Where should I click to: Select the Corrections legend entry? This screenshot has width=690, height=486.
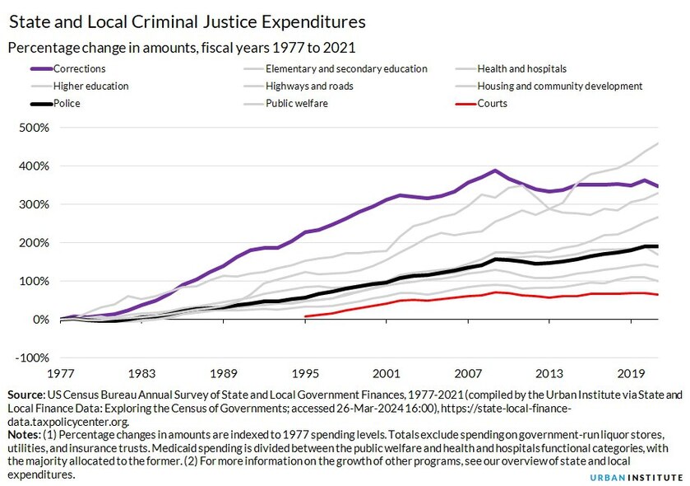79,69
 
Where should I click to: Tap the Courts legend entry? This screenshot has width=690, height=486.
492,104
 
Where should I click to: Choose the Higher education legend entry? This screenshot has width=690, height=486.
90,86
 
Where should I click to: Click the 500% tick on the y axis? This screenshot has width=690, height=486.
34,128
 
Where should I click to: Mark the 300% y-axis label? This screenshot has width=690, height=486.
34,204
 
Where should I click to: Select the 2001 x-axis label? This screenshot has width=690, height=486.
386,372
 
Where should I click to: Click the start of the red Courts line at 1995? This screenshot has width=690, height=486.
306,316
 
